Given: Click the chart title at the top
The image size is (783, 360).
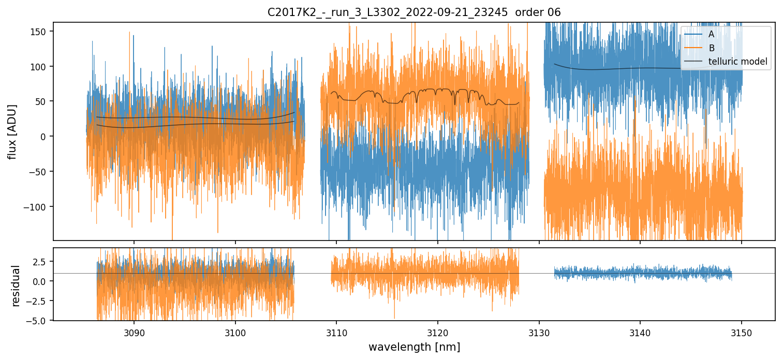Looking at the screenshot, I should pos(414,12).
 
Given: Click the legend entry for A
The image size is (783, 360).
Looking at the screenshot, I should pos(711,35).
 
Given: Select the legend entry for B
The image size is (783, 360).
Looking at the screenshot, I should pos(711,49).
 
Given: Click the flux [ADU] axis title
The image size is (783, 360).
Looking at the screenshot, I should pos(12,131).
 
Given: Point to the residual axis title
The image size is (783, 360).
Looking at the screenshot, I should pos(16,286).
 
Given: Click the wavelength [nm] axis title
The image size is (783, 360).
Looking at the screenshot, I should pos(414,347).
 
